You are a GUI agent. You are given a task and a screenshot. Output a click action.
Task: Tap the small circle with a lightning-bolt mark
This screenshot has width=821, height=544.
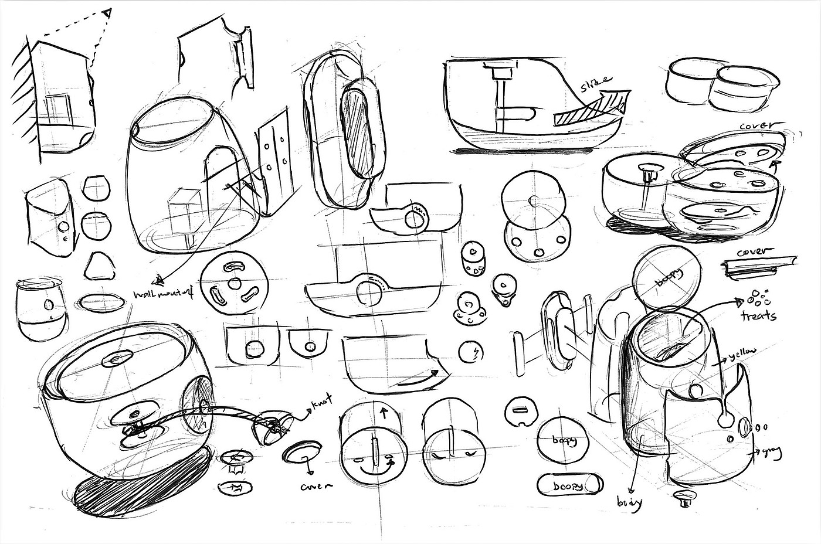(473, 352)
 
